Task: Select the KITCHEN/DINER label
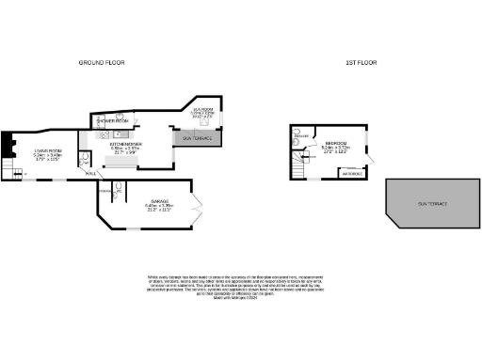tap(125, 144)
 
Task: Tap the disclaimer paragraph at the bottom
tap(234, 286)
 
